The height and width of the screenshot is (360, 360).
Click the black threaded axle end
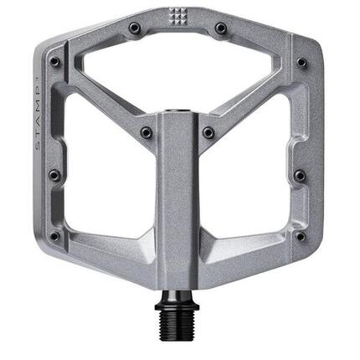click(178, 321)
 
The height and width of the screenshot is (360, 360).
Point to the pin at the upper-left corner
click(55, 61)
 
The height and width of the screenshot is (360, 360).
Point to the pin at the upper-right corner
click(300, 61)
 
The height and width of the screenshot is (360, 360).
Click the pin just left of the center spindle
click(147, 132)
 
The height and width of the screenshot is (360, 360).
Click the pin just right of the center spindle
click(208, 132)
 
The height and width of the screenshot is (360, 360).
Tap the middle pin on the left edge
click(54, 175)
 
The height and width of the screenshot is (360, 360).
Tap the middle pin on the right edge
click(299, 175)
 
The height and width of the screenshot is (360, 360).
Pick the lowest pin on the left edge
click(55, 236)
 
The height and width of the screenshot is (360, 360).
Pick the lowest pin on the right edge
click(299, 236)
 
